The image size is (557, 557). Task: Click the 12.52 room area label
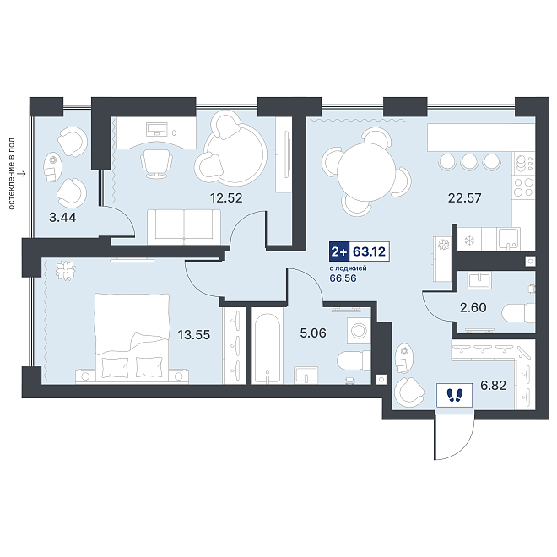[x=226, y=197]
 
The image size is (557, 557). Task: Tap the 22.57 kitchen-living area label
[x=465, y=197]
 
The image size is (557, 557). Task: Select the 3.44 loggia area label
[x=62, y=217]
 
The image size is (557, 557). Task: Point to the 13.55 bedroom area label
[x=194, y=335]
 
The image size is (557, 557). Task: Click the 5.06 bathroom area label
[x=313, y=333]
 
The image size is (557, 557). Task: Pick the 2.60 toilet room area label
[x=473, y=307]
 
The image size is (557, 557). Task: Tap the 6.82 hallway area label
[x=493, y=385]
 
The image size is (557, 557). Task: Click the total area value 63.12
[x=369, y=251]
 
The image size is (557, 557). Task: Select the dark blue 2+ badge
[x=339, y=251]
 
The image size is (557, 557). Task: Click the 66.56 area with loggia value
[x=343, y=278]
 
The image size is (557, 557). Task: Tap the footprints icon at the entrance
[x=454, y=395]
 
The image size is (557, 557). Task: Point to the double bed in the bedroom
[x=132, y=338]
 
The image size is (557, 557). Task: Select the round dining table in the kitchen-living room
[x=366, y=172]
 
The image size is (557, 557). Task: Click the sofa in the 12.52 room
[x=184, y=227]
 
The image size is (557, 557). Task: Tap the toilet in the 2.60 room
[x=518, y=313]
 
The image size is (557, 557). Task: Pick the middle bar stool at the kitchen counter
[x=469, y=162]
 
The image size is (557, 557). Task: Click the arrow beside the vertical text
[x=22, y=174]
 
